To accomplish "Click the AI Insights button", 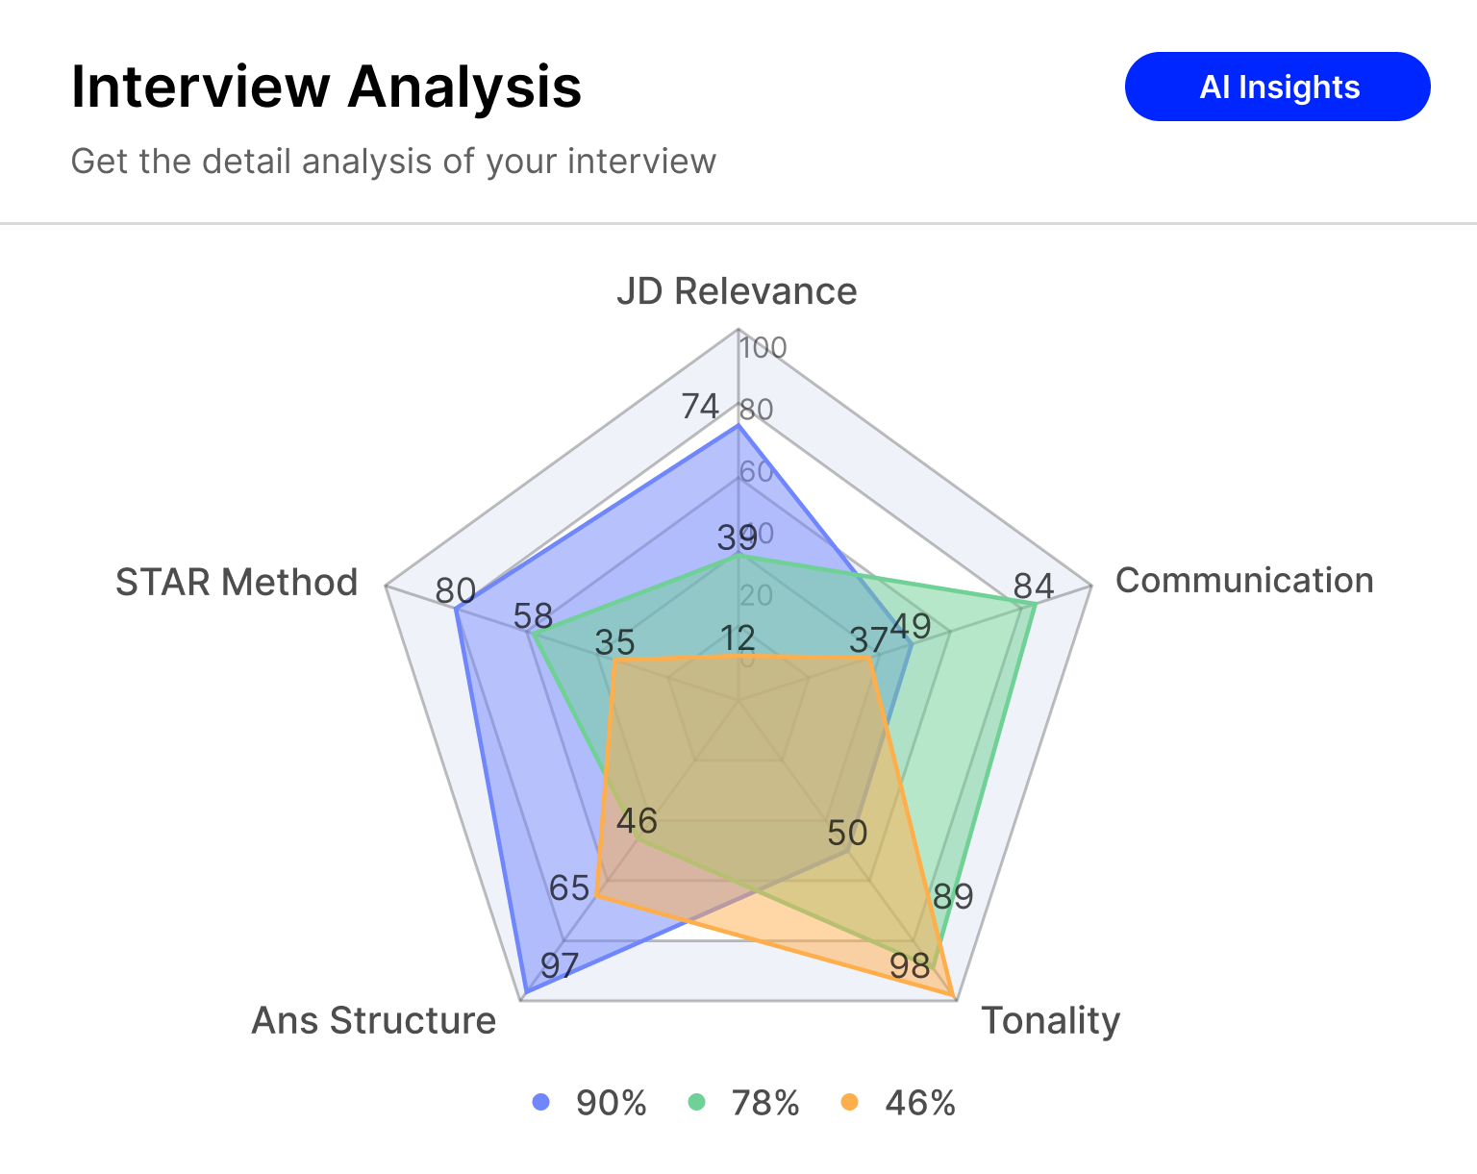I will tap(1277, 87).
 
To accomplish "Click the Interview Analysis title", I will tap(326, 87).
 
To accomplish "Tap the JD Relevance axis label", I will tap(737, 290).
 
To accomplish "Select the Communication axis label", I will tap(1243, 581).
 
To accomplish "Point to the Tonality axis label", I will tap(1050, 1020).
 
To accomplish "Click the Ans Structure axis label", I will tap(373, 1020).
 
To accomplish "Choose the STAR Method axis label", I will tap(237, 583).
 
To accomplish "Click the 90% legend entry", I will tap(589, 1103).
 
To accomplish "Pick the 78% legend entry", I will tap(744, 1103).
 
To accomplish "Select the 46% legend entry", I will tap(899, 1103).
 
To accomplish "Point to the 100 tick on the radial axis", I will tap(764, 348).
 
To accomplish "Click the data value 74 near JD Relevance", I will tap(700, 407).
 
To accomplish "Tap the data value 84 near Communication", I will tap(1034, 586).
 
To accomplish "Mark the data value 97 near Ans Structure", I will tap(559, 965).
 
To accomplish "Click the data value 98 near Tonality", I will tap(910, 965).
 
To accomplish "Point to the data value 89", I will tap(953, 896).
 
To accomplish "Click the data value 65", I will tap(568, 887).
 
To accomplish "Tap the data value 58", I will tap(533, 615).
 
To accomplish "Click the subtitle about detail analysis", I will tap(393, 162).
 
